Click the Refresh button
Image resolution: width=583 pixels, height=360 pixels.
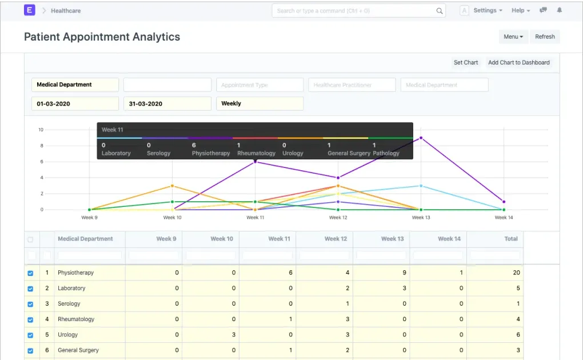tap(545, 37)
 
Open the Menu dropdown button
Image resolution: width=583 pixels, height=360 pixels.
tap(513, 37)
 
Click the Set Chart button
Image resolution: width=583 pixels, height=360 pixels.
tap(466, 62)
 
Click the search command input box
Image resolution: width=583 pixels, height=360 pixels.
tap(354, 10)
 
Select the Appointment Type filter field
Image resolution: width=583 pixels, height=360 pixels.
tap(259, 85)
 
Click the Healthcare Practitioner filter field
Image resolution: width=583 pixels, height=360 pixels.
tap(352, 85)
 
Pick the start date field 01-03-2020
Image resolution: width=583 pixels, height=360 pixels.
tap(75, 103)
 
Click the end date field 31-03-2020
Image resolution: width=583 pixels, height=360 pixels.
tap(167, 103)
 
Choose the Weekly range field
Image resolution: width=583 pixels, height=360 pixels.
tap(259, 103)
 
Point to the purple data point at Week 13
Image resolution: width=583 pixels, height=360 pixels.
tap(421, 138)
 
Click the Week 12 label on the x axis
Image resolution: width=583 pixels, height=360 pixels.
tap(338, 218)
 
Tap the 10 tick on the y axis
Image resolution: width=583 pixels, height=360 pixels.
tap(41, 130)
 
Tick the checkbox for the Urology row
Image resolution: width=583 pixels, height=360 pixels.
tap(31, 335)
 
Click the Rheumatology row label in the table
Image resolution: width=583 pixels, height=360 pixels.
tap(76, 319)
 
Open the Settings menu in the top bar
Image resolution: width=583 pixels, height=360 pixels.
tap(488, 10)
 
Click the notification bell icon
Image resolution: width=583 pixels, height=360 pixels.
tap(560, 10)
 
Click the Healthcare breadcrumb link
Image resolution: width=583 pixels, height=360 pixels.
tap(66, 10)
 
